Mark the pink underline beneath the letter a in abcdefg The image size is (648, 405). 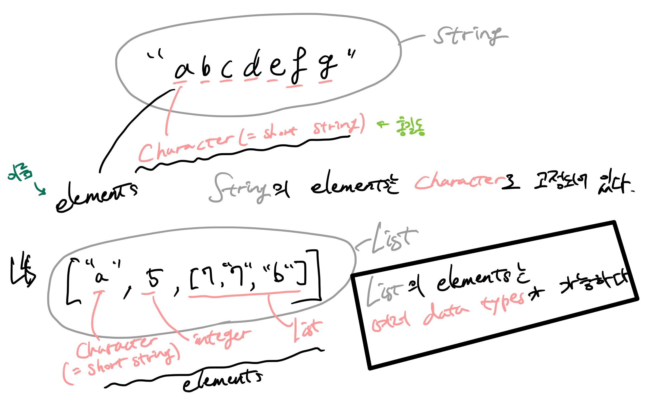(x=180, y=81)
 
